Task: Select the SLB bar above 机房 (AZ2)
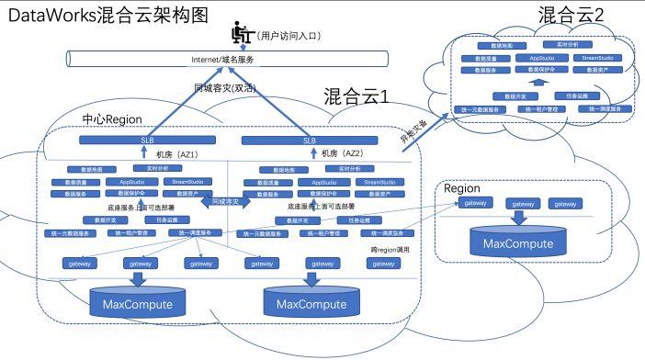[308, 141]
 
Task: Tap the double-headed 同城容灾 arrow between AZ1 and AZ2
[221, 200]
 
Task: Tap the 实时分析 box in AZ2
[350, 170]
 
